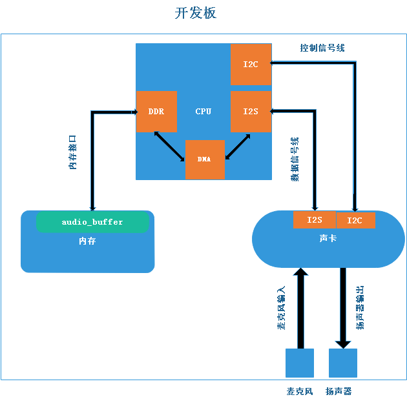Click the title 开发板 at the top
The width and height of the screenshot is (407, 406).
point(196,13)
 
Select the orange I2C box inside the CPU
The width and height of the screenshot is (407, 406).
point(251,65)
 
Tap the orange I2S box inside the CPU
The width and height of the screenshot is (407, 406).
point(251,112)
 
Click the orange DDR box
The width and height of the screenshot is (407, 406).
point(156,112)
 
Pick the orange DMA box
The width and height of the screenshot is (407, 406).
point(205,159)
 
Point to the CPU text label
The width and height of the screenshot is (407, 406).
point(203,112)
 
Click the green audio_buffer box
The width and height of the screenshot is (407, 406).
point(92,222)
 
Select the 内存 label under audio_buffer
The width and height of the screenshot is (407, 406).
point(87,241)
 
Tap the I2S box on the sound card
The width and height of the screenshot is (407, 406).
point(315,220)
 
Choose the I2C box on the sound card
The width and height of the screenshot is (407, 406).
point(355,220)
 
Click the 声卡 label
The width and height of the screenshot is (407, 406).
point(328,239)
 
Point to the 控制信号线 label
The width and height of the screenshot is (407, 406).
point(322,48)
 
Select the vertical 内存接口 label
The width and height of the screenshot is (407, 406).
point(73,152)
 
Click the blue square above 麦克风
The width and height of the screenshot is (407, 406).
point(300,363)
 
